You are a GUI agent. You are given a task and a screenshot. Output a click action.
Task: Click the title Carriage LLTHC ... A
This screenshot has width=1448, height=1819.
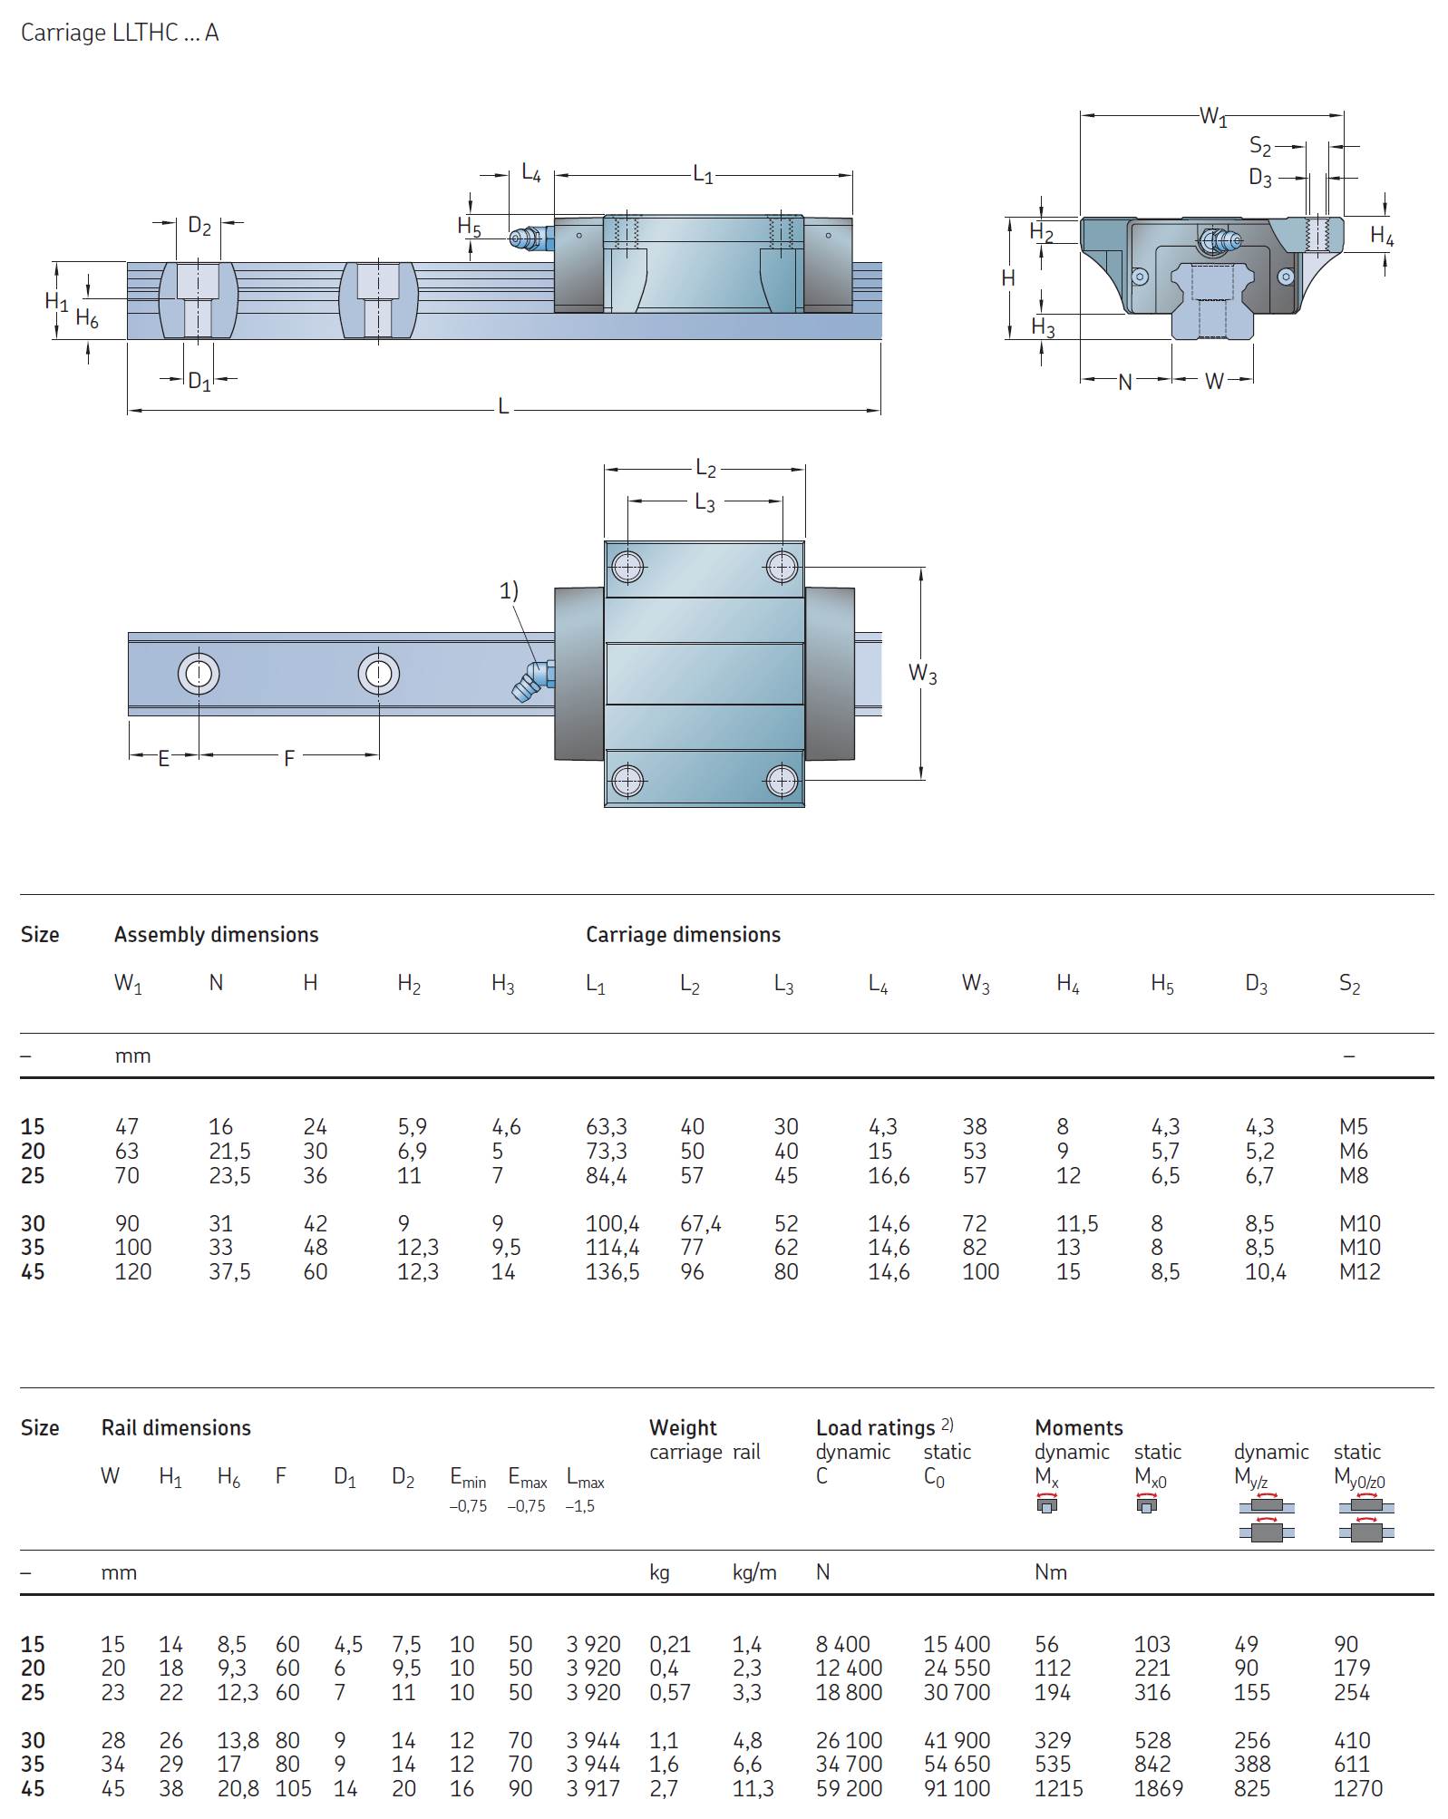coord(120,33)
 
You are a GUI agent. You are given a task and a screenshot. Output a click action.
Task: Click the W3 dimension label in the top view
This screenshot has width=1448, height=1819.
coord(922,674)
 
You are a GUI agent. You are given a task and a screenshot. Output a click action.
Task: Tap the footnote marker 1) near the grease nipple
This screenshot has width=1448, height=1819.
coord(509,591)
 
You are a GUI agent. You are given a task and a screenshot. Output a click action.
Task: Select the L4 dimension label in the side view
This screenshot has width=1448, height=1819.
coord(530,172)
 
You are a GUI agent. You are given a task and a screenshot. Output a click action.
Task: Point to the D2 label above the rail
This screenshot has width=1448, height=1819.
coord(199,226)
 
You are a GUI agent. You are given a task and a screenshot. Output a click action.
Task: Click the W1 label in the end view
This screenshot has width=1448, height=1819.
coord(1212,116)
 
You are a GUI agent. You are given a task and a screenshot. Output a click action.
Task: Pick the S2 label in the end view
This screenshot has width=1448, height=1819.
coord(1259,146)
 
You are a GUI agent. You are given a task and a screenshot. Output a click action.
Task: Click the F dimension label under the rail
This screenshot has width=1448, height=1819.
coord(289,758)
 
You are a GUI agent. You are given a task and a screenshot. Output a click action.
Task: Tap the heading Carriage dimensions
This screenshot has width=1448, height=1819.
coord(683,934)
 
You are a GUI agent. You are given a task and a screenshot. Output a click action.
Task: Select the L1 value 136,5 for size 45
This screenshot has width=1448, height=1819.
coord(612,1271)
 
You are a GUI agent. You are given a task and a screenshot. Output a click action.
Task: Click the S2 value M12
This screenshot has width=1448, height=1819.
coord(1359,1271)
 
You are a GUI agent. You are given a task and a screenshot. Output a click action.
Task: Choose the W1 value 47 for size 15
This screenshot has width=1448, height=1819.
coord(127,1126)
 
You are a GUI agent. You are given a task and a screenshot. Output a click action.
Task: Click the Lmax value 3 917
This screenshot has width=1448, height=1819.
coord(593,1788)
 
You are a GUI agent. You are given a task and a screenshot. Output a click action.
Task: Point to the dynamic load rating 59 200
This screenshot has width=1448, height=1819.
coord(849,1788)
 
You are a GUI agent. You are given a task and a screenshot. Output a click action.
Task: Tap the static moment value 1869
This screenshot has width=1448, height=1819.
coord(1158,1788)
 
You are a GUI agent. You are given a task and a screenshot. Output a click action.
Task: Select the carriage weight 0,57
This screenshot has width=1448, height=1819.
coord(670,1692)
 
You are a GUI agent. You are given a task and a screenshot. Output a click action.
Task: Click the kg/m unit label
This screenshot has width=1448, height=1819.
coord(754,1572)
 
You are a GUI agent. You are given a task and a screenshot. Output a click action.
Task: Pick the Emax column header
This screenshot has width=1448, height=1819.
coord(527,1478)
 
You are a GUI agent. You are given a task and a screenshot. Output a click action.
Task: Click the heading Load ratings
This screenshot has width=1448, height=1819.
coord(876,1428)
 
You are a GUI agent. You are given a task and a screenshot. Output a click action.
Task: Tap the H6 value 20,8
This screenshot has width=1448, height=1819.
coord(238,1788)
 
